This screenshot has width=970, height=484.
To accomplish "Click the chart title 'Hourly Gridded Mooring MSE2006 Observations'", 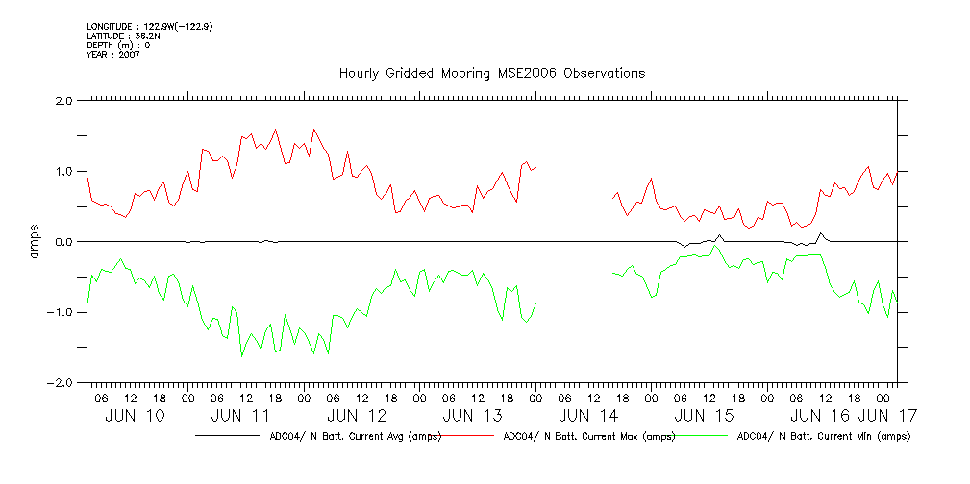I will (x=491, y=74).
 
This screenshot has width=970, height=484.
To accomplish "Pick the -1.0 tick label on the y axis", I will (x=62, y=312).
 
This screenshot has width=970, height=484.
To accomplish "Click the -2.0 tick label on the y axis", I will (x=62, y=382).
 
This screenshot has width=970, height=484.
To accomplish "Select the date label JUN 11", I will (x=239, y=416).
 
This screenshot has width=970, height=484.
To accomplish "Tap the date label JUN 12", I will (x=357, y=416).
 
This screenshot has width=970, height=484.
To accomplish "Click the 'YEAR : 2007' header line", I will (x=114, y=55).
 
